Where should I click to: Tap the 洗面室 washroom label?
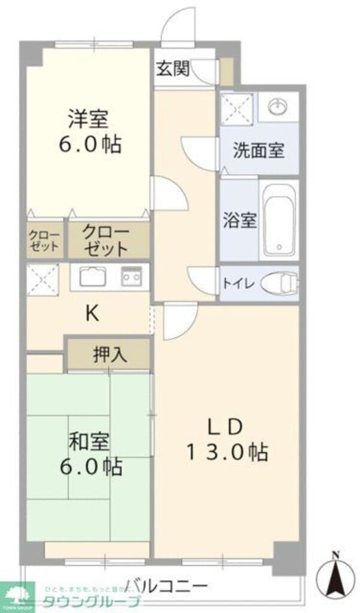coord(259,150)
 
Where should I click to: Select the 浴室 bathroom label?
coord(240,220)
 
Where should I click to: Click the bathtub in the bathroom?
coord(279,219)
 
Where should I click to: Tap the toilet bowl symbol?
coord(281,282)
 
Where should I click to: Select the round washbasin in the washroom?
coord(278,106)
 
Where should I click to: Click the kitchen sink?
coord(93,277)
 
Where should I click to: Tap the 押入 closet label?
coord(110,354)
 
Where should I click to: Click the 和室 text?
coord(89,443)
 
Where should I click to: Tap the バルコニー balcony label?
coord(167,586)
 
